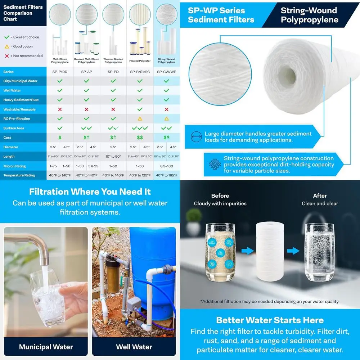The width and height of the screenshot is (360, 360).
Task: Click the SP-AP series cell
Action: tap(86, 72)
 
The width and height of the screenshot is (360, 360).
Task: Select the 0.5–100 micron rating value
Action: tap(166, 166)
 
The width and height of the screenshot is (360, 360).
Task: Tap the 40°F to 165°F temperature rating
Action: tap(166, 175)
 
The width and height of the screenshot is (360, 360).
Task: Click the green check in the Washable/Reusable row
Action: tap(140, 109)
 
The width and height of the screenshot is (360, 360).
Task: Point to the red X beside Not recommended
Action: tap(6, 56)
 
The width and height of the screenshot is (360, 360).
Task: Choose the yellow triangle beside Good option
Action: tap(6, 46)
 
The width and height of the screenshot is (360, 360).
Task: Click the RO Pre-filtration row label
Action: tap(17, 118)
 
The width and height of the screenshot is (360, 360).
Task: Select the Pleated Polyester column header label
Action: tap(140, 61)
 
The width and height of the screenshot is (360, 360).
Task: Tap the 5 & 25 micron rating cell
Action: tap(93, 166)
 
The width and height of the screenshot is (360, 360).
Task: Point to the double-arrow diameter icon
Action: tap(196, 137)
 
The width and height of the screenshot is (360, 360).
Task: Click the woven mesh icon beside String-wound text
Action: tap(215, 164)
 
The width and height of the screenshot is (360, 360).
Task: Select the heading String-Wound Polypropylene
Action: tap(309, 15)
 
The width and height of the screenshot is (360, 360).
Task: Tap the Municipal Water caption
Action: tap(46, 347)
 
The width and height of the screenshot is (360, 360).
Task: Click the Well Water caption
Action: tap(134, 347)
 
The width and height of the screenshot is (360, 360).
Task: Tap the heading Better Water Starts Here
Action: tap(270, 320)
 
